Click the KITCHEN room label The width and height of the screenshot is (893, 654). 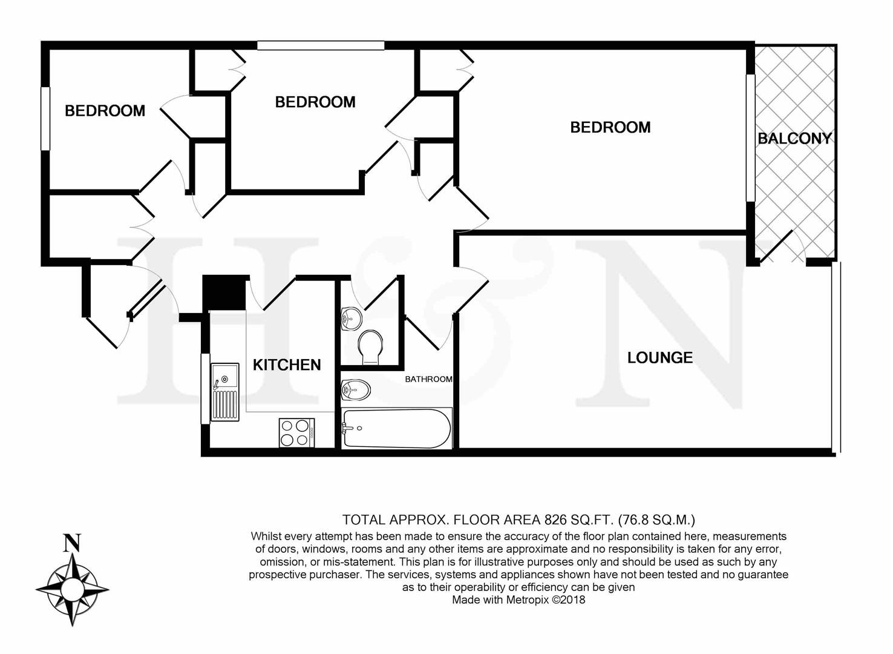tap(287, 365)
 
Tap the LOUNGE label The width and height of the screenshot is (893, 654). tap(660, 357)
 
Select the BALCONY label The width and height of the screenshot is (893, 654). tap(794, 139)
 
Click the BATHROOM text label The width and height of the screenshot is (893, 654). tap(428, 379)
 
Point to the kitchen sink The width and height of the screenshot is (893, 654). tap(224, 392)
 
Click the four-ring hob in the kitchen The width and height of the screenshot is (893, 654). tap(297, 432)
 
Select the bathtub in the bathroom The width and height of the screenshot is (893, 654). tap(397, 429)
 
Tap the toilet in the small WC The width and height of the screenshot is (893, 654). tap(370, 347)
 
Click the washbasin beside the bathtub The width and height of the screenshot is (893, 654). tap(356, 390)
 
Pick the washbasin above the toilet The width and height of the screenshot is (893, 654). tap(352, 319)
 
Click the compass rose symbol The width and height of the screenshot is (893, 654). tap(72, 589)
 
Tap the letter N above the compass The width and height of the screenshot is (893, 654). tap(72, 543)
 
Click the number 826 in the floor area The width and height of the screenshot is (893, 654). tap(555, 520)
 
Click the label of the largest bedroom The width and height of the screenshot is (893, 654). tap(610, 128)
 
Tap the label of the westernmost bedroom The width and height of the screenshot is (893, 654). tap(105, 111)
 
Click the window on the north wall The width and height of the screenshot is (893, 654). tap(321, 45)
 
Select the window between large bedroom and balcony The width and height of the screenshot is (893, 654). tap(751, 137)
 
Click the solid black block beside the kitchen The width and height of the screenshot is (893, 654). tap(224, 293)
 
